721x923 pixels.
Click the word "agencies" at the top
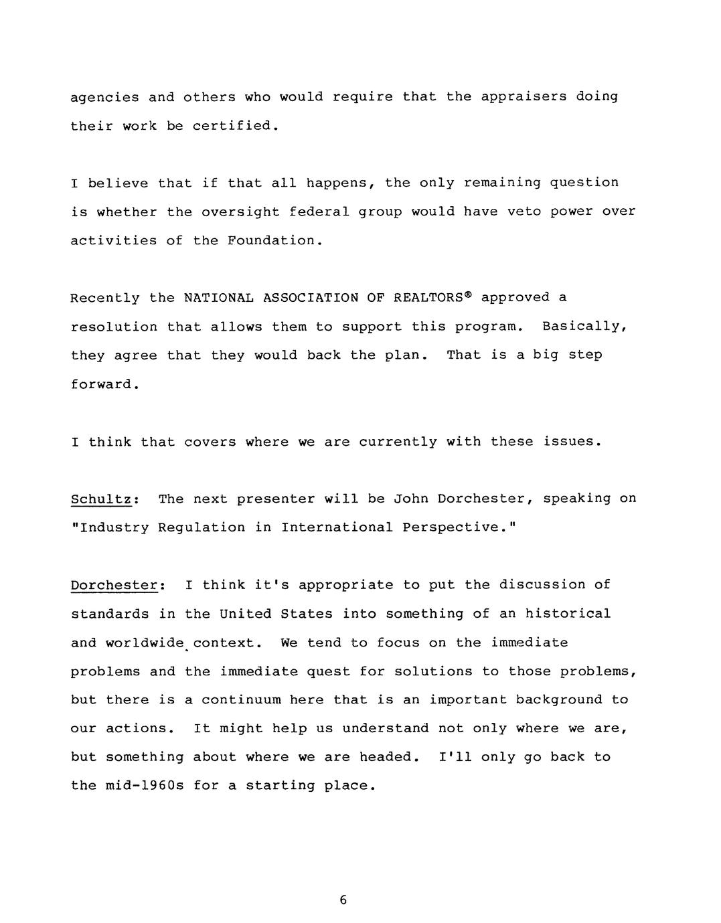(104, 97)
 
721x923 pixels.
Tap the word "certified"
(232, 126)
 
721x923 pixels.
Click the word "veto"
(524, 212)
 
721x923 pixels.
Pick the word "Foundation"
(270, 240)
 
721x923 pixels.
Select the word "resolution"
(114, 327)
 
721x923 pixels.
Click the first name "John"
(410, 499)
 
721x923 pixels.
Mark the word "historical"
(568, 614)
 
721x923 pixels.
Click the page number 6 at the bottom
(343, 900)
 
